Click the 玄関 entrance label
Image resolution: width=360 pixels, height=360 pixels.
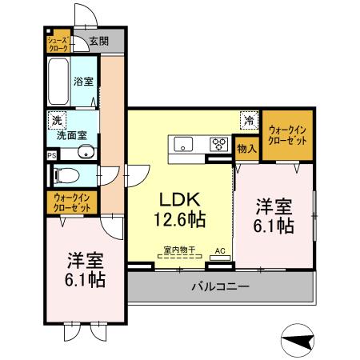[98, 41]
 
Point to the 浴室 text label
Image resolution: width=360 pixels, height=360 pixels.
[83, 81]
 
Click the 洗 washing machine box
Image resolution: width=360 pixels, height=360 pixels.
[56, 120]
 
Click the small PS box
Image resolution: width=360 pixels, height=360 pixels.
[52, 155]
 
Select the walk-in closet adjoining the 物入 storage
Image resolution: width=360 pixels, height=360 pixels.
[287, 133]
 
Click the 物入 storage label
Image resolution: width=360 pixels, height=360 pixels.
[246, 148]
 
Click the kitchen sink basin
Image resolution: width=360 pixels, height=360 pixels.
[182, 145]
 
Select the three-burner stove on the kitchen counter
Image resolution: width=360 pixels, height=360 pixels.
[217, 145]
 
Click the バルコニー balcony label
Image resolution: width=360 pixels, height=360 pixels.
[219, 286]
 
